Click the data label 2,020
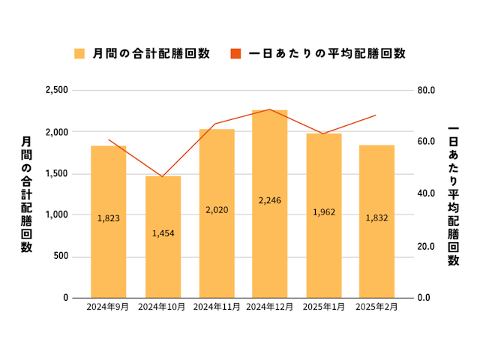coord(216,210)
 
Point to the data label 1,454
coord(163,234)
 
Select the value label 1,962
coord(324,212)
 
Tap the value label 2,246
coord(270,200)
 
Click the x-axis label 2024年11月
coord(216,307)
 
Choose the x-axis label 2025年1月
coord(324,307)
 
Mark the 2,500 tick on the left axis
coord(58,91)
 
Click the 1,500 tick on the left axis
coord(58,173)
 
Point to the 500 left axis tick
coord(62,256)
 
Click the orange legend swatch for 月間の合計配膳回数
coord(79,53)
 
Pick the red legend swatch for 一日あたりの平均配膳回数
coord(235,53)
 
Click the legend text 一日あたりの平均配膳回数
coord(326,53)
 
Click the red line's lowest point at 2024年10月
coord(163,177)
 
